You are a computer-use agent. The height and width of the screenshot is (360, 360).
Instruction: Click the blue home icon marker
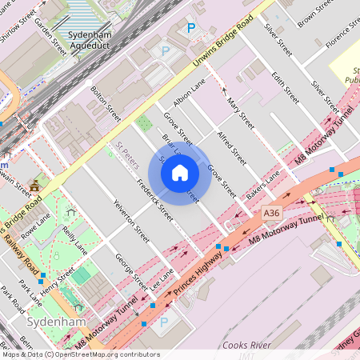180,173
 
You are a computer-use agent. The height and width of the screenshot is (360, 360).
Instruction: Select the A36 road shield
272,212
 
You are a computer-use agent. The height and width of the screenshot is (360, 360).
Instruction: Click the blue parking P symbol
191,29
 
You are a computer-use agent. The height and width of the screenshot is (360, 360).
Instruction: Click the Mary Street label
240,113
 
